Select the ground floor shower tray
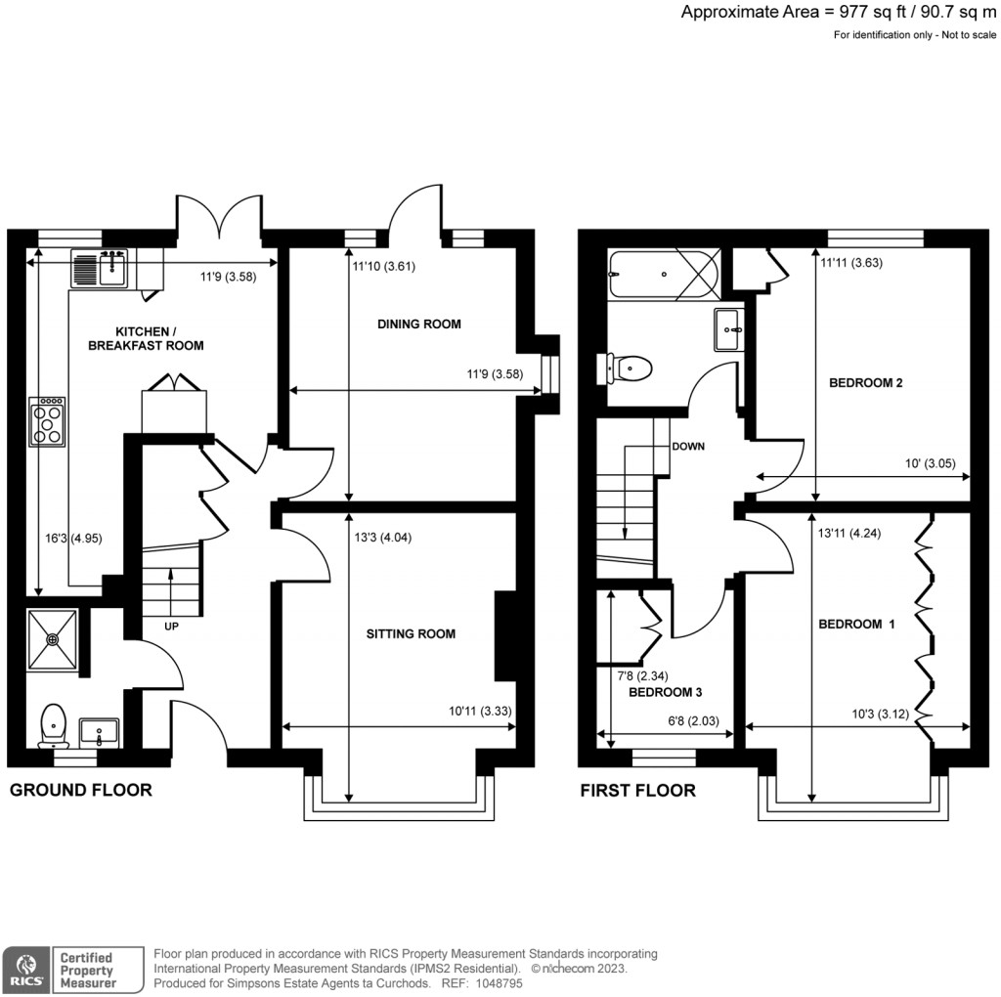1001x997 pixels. [x=54, y=640]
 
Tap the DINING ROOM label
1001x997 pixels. [x=419, y=324]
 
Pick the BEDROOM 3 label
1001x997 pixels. [x=666, y=692]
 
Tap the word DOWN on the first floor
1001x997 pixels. [x=688, y=446]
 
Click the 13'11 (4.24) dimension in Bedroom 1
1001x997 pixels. [x=849, y=534]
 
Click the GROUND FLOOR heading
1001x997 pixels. [x=80, y=790]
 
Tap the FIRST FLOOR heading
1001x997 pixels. [x=637, y=790]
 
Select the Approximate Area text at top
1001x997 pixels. [x=840, y=13]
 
